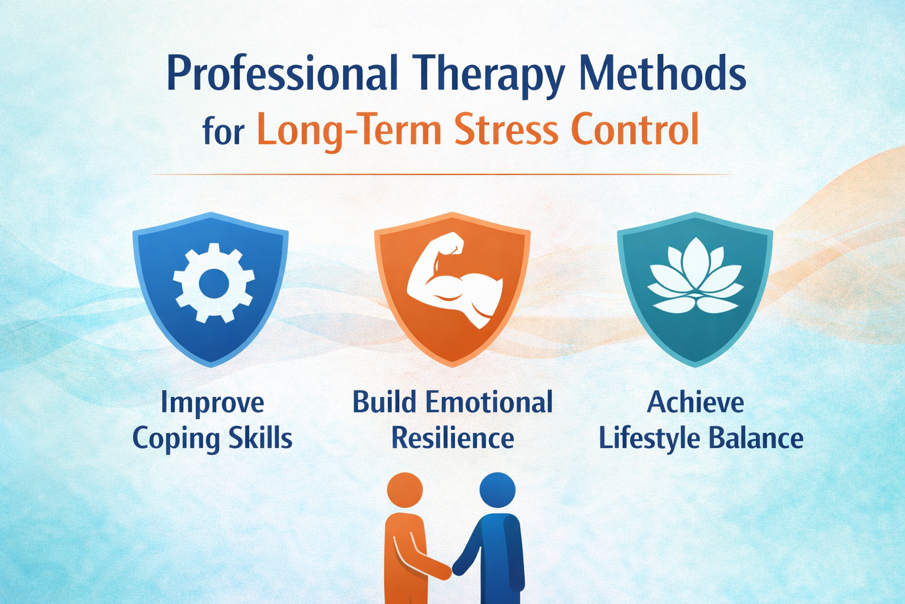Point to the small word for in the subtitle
(x=223, y=131)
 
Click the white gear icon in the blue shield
(x=213, y=283)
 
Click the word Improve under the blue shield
(x=212, y=403)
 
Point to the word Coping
(x=175, y=439)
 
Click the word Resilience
(x=452, y=438)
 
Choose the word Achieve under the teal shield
(x=695, y=403)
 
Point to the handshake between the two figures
(x=452, y=569)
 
